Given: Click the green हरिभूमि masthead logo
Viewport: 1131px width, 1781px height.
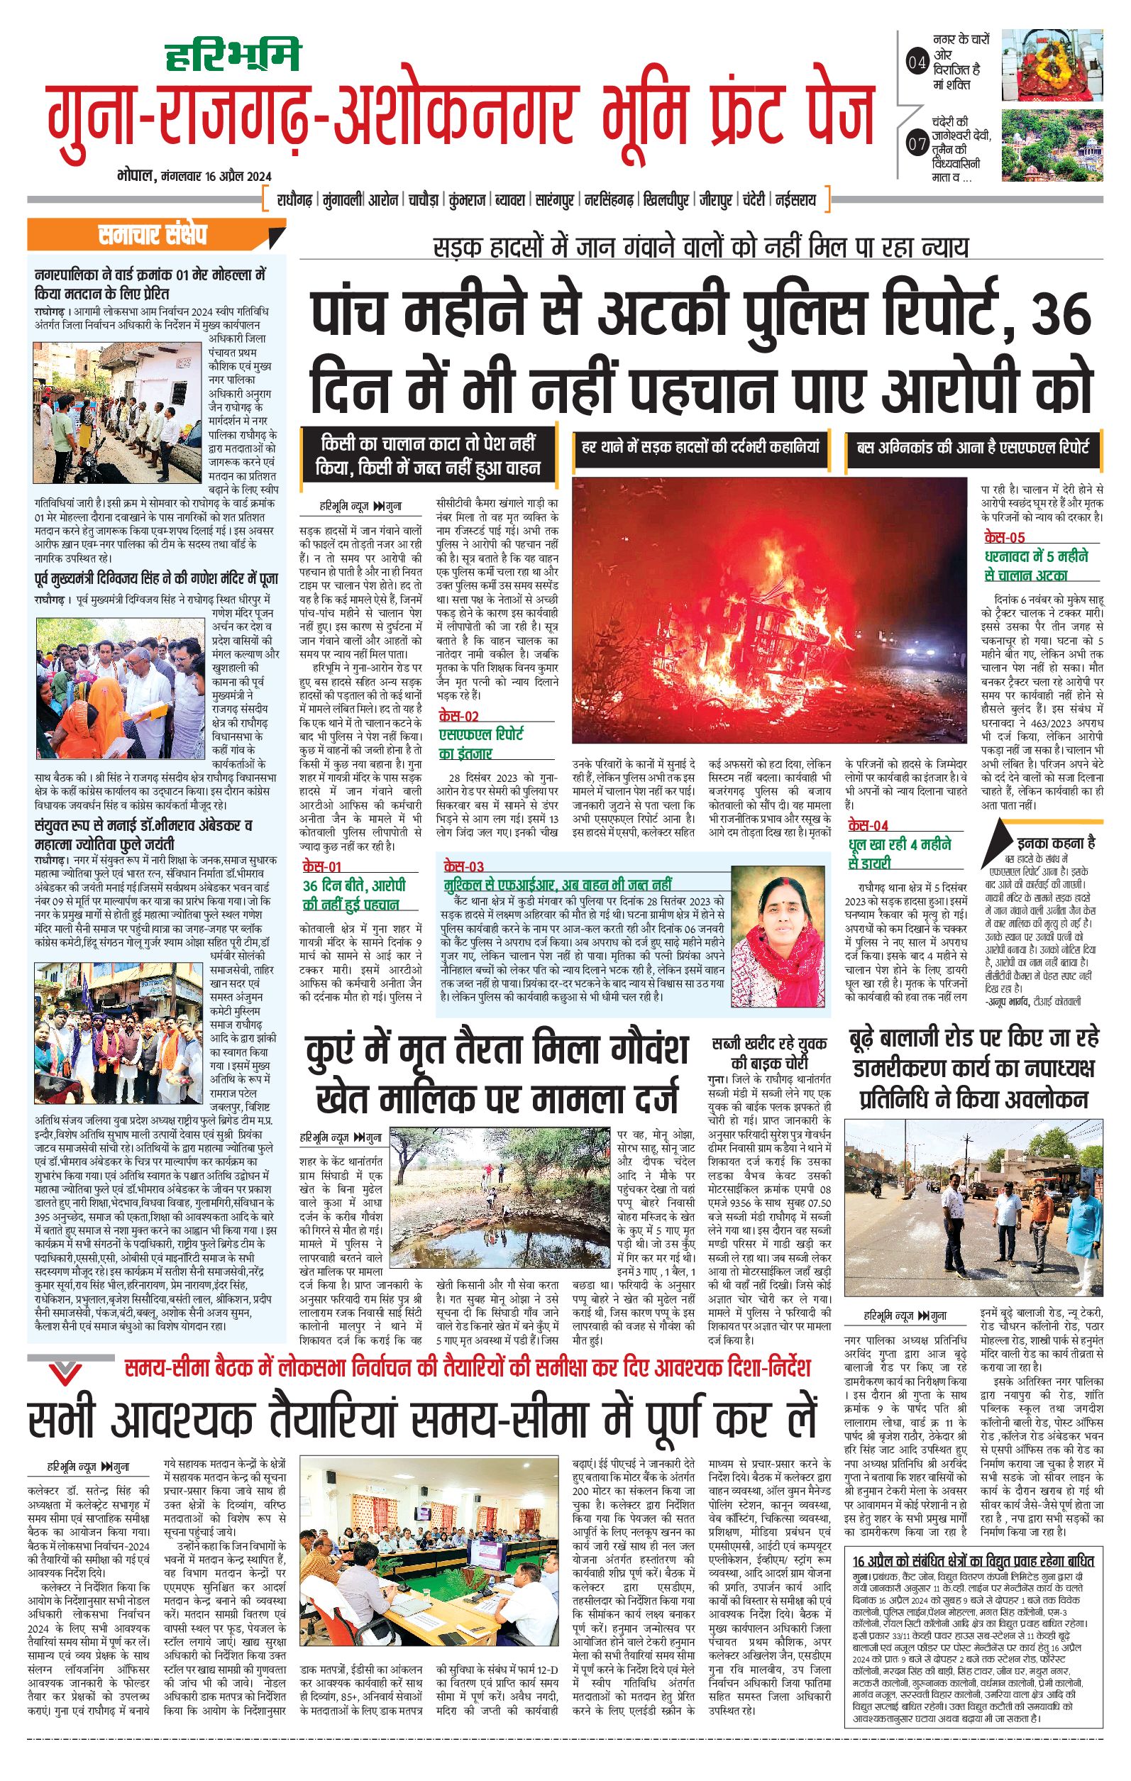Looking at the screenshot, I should coord(231,55).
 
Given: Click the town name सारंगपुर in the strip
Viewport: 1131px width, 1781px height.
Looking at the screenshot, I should coord(556,200).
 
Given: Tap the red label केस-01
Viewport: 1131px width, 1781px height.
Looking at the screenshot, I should coord(321,866).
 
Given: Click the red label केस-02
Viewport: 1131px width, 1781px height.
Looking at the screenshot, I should coord(458,716).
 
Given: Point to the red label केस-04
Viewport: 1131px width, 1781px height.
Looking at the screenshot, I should coord(868,825).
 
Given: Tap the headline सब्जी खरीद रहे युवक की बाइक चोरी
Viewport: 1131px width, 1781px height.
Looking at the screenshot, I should coord(768,1052).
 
